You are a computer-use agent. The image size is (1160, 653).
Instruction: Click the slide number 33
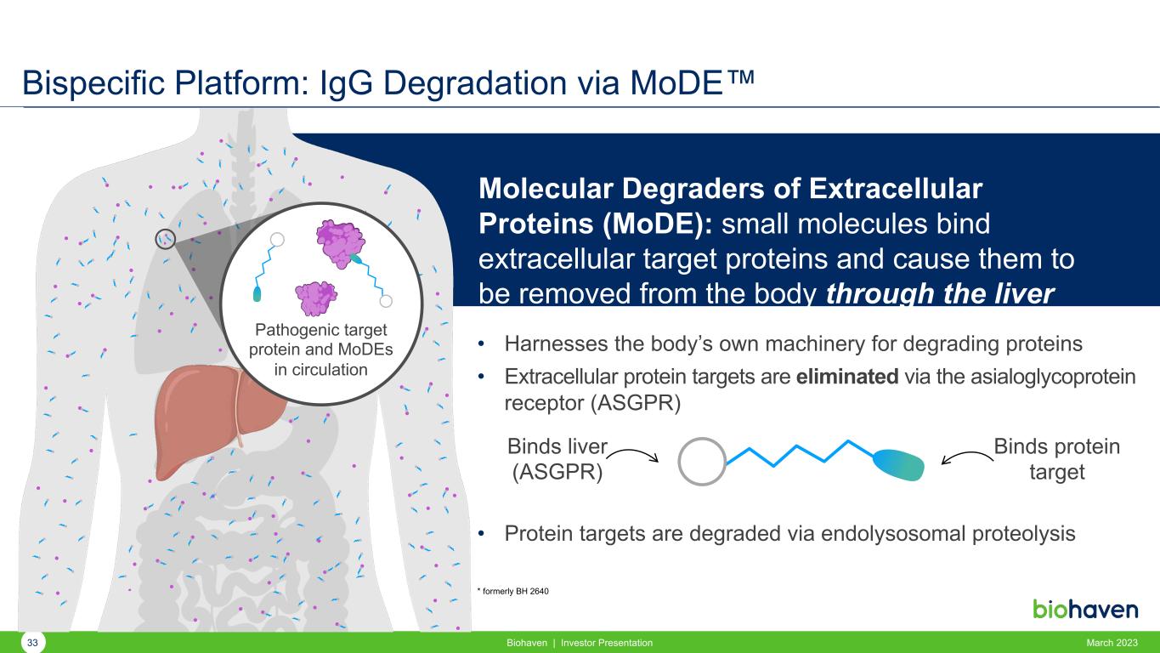tap(32, 643)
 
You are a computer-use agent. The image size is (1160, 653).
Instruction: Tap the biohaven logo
tap(1085, 610)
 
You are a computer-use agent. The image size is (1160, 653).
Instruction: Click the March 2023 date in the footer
tap(1112, 643)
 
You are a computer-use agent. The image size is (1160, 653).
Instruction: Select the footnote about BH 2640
tap(512, 591)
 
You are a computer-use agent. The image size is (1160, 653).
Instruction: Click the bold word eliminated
tap(846, 377)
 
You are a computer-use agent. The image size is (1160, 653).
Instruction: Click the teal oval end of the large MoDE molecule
tap(898, 464)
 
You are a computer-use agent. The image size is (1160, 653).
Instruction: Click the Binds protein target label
tap(1056, 459)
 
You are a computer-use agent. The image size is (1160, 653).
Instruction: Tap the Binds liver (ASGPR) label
tap(557, 459)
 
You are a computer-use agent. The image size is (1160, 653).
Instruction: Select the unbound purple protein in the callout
tap(316, 298)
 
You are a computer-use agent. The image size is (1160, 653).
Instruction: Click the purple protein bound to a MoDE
tap(341, 243)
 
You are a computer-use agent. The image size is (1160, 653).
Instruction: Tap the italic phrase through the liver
tap(940, 294)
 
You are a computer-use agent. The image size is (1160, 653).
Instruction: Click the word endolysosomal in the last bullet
tap(894, 533)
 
